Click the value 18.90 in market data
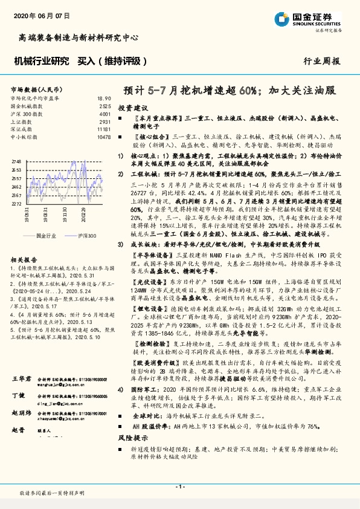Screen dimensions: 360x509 104,98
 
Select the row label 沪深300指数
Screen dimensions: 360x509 24,114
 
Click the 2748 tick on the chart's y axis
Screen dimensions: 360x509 16,162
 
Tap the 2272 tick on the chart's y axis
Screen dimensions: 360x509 16,204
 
